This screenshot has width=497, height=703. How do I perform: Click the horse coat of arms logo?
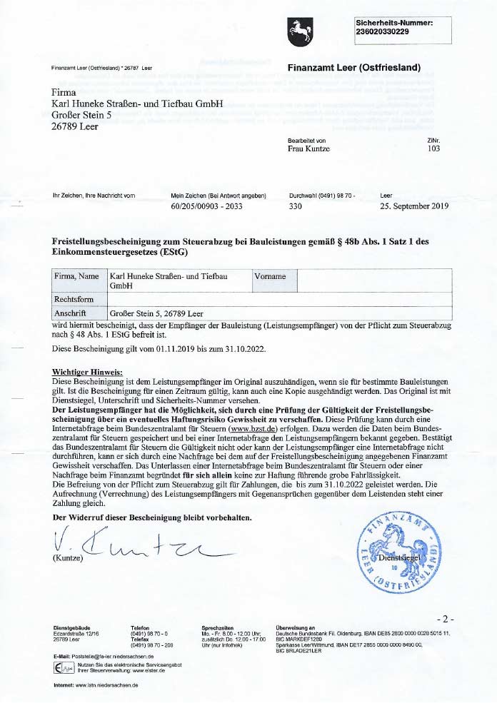[297, 30]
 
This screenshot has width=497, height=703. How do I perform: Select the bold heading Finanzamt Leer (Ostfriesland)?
[354, 68]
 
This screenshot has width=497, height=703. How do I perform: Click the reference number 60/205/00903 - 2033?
[206, 207]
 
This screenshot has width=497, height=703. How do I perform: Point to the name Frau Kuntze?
[308, 149]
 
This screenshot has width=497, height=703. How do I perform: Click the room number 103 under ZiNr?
[433, 149]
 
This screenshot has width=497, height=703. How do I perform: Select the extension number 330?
[295, 207]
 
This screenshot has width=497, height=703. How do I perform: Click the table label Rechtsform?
[74, 298]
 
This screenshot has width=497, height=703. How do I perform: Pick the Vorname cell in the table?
[271, 276]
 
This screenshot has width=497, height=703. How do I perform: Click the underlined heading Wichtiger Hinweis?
[88, 371]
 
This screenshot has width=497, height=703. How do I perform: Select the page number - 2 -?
[443, 618]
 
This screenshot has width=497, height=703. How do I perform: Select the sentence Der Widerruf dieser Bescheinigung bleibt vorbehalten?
[152, 516]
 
